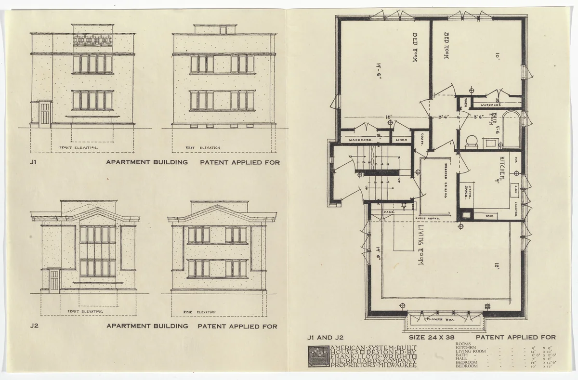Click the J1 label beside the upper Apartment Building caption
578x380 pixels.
point(33,162)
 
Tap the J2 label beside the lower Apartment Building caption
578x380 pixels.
point(34,326)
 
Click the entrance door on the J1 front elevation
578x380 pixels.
point(44,114)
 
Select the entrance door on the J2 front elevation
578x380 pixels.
point(54,281)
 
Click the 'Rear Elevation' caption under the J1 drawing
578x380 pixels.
point(203,147)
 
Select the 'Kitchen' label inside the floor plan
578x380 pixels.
point(502,168)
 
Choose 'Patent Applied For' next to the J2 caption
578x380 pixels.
point(238,326)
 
